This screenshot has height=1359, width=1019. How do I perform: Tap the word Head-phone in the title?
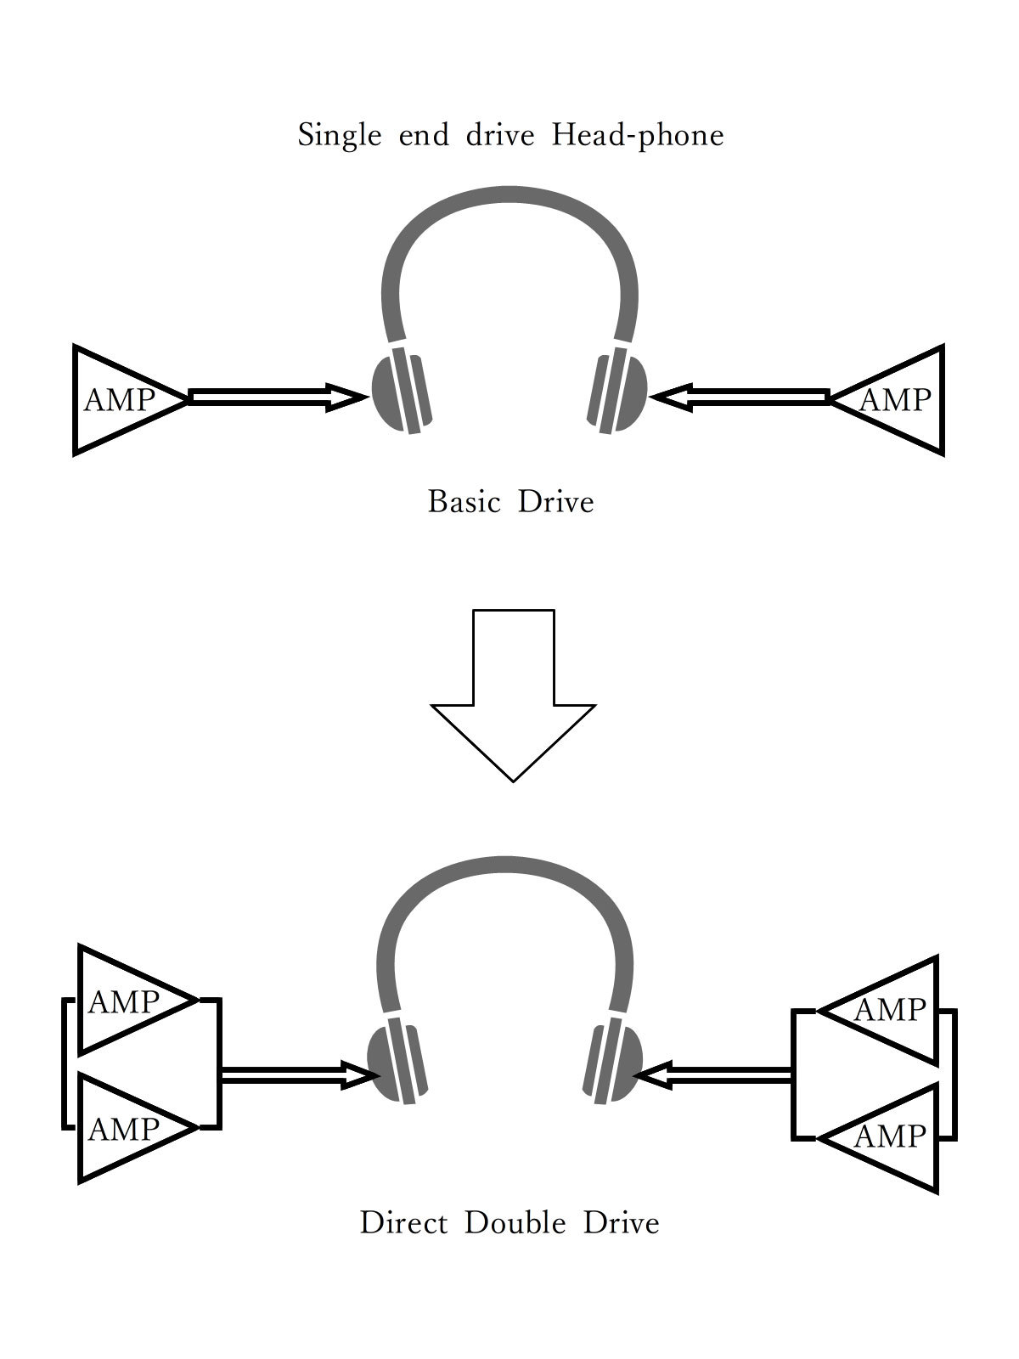coord(638,136)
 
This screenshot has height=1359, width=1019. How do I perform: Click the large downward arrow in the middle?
coord(513,696)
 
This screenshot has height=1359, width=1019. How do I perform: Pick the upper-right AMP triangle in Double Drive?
coord(892,1010)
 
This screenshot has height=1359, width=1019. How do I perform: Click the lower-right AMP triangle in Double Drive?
coord(892,1136)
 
